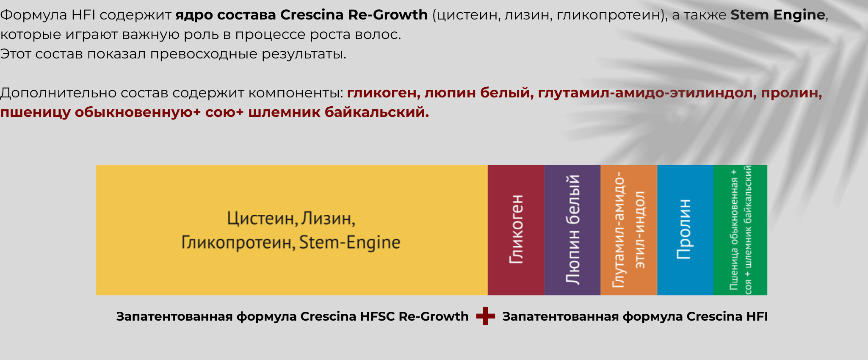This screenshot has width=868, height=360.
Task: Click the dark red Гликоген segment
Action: (x=516, y=230)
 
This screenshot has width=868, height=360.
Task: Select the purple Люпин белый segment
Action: (x=572, y=230)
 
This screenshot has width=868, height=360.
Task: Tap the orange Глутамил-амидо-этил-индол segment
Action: (x=629, y=230)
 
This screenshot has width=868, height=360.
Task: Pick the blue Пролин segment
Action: (x=685, y=230)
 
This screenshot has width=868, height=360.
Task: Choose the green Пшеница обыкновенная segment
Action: (x=740, y=230)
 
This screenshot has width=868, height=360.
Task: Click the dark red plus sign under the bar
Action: (x=485, y=316)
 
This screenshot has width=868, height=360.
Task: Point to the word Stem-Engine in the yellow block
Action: (x=350, y=243)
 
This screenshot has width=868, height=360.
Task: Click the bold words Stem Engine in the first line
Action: (x=778, y=15)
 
